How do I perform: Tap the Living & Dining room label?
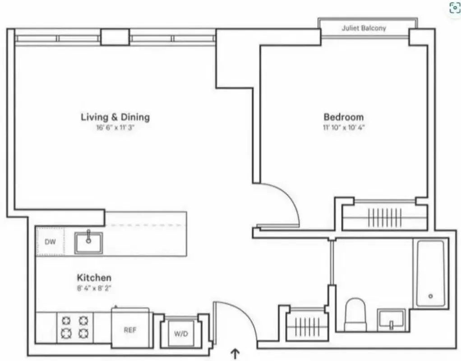115,117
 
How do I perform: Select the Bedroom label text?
343,117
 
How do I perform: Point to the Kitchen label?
94,277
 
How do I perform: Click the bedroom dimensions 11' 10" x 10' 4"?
343,127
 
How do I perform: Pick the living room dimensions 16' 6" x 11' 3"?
115,127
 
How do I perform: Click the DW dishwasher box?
50,242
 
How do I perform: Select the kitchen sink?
88,242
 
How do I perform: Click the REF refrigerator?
130,329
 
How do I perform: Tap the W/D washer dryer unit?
180,334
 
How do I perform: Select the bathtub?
430,273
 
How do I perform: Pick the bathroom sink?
391,319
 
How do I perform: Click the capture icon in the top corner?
454,8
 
